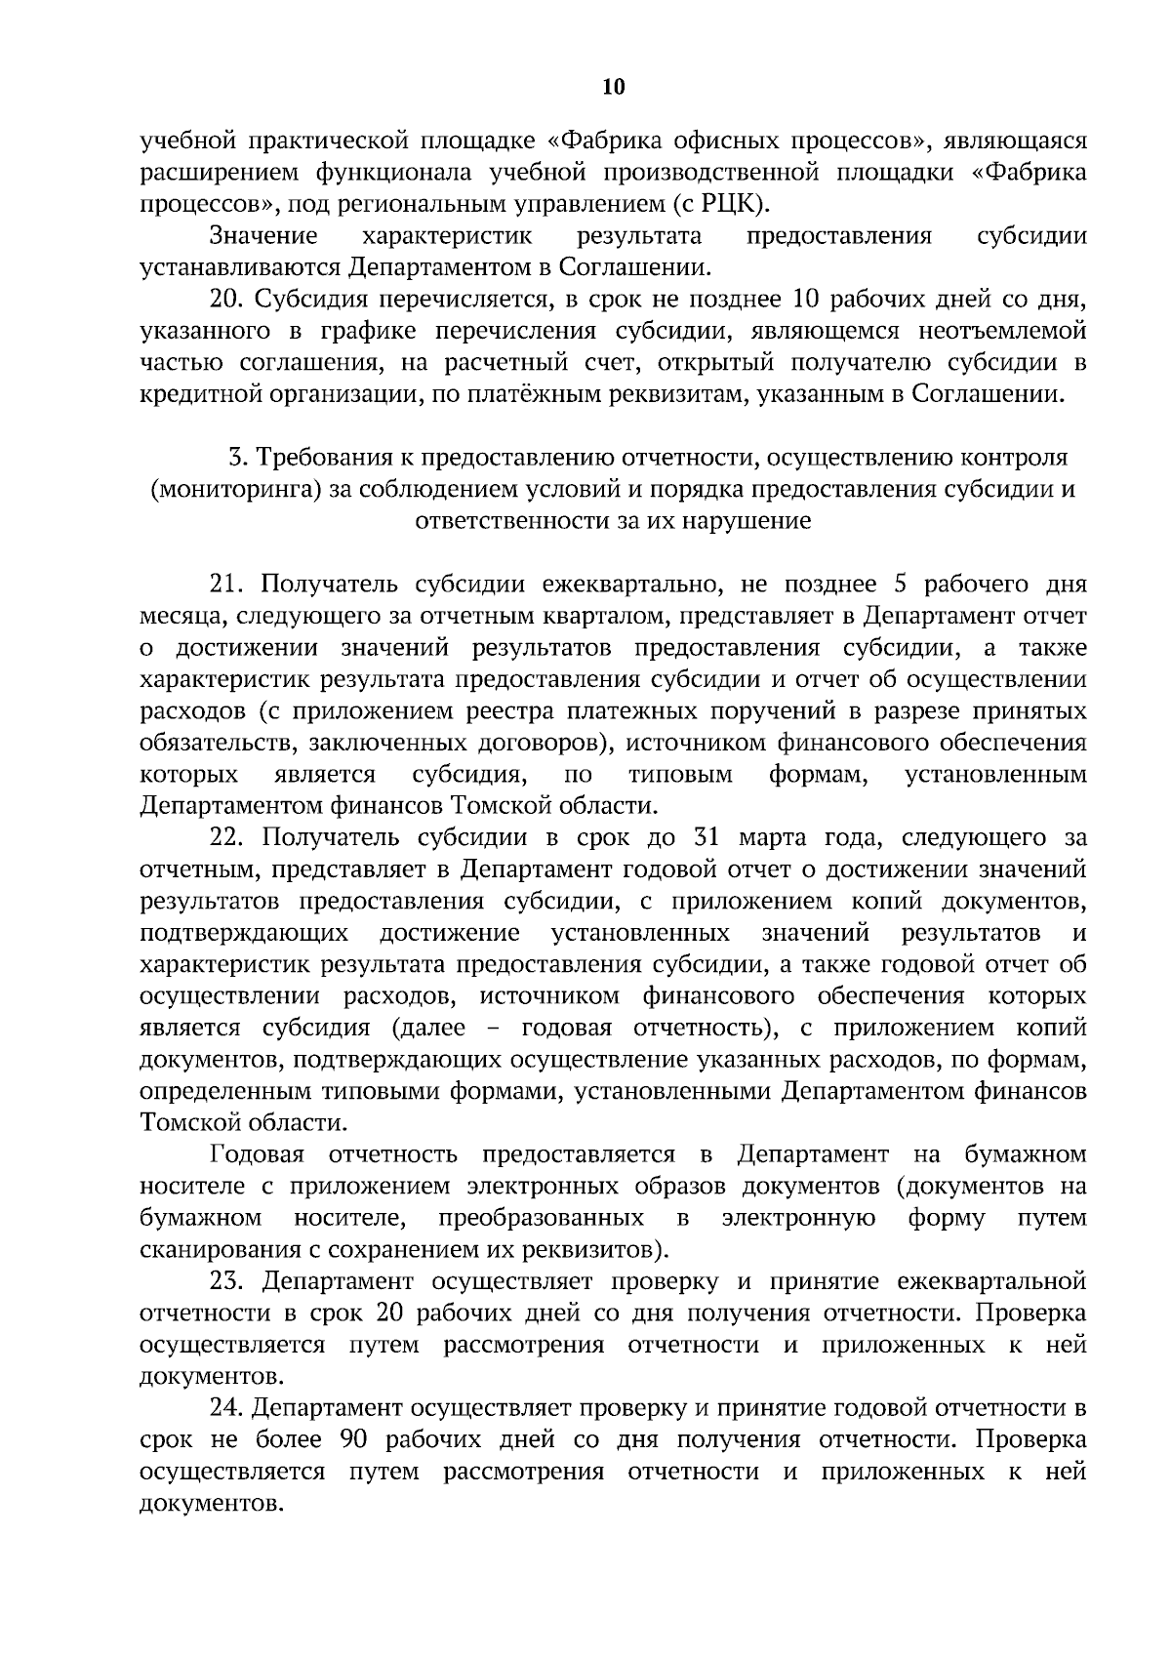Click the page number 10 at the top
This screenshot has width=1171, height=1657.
pyautogui.click(x=613, y=87)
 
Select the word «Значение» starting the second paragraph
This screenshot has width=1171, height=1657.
pyautogui.click(x=264, y=236)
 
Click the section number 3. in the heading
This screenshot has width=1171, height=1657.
pyautogui.click(x=236, y=457)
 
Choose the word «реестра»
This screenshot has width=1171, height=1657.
pyautogui.click(x=554, y=711)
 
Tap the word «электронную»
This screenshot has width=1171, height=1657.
pyautogui.click(x=798, y=1218)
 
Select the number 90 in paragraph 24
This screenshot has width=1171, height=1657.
pyautogui.click(x=353, y=1439)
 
